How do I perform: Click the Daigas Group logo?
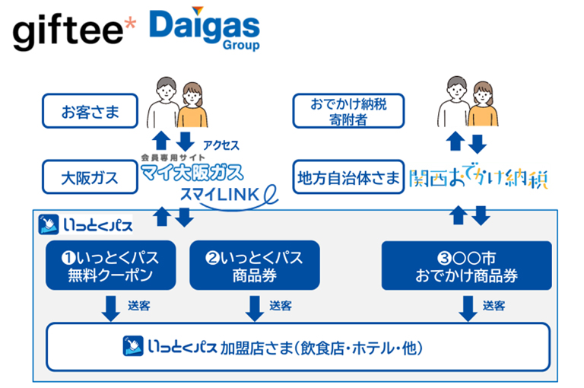click(205, 30)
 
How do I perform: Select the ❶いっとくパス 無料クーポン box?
click(111, 266)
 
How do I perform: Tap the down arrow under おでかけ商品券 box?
click(465, 306)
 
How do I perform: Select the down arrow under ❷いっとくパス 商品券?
click(253, 306)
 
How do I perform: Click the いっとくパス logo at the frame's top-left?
click(87, 224)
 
